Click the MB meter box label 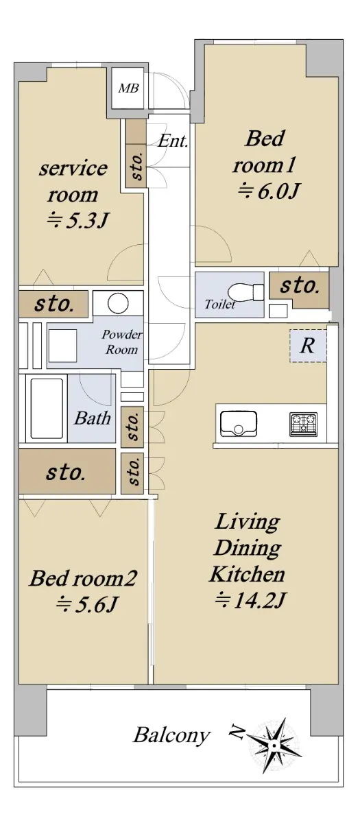[x=129, y=88]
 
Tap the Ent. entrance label [x=173, y=141]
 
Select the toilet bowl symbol [x=245, y=292]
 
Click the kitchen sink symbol [x=239, y=424]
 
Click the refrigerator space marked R [x=308, y=346]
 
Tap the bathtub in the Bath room [x=47, y=409]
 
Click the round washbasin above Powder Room [x=118, y=303]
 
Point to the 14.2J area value [x=250, y=600]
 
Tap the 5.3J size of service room [x=78, y=220]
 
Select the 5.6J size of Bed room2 [x=86, y=604]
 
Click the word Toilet [x=219, y=305]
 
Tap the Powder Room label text [x=122, y=342]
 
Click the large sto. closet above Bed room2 [x=67, y=471]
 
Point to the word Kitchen [x=248, y=574]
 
